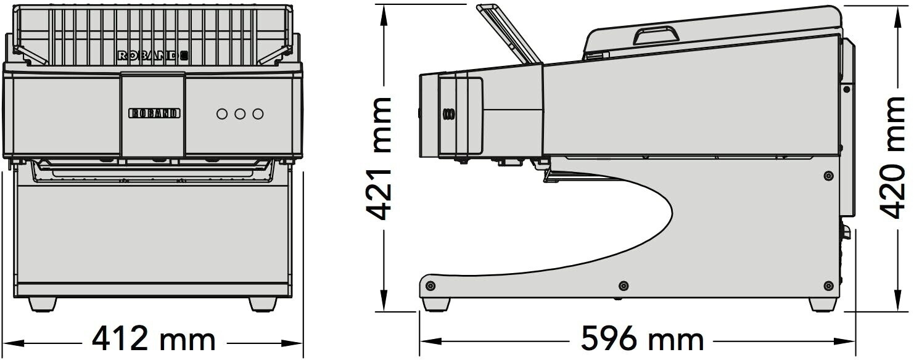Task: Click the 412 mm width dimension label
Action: pos(154,338)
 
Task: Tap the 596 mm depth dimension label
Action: pos(642,338)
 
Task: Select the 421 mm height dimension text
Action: pos(378,158)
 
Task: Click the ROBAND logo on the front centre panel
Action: pos(155,113)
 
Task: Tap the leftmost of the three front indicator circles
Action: pos(222,114)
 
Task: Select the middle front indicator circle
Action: pos(240,114)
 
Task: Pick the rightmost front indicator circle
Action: pos(258,114)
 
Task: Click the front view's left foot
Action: pos(43,304)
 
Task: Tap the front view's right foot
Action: pos(263,304)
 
